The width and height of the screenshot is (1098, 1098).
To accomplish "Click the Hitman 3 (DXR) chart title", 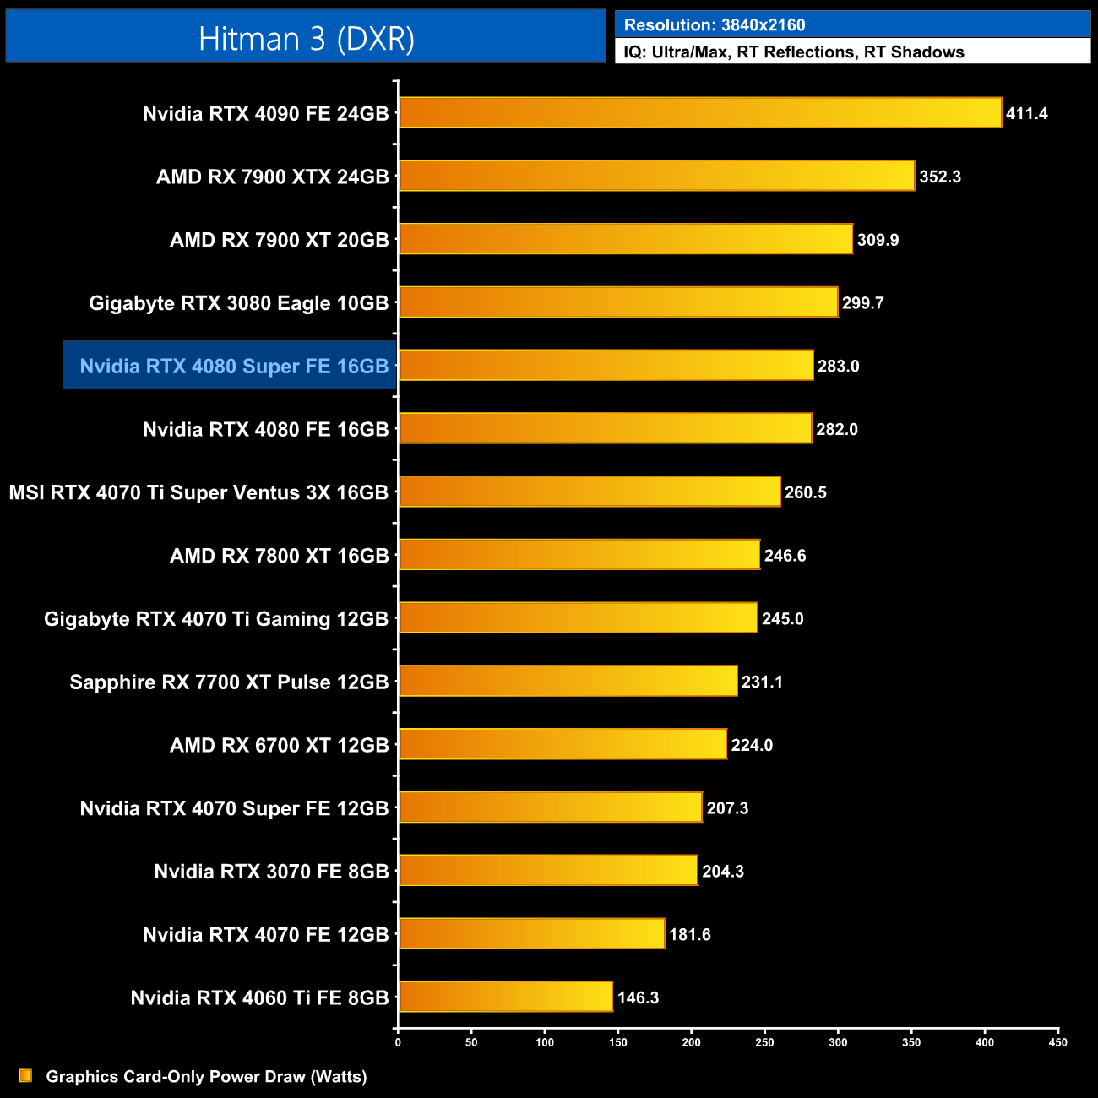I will (306, 38).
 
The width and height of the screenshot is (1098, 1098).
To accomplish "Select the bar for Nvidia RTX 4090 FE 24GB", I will (699, 113).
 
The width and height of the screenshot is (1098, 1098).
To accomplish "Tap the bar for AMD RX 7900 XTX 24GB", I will (656, 176).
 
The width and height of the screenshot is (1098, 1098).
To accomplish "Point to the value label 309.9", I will (878, 240).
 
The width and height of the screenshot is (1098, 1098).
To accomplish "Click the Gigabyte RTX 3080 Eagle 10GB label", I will (239, 303).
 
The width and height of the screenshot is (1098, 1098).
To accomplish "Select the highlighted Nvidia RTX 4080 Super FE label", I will (234, 366).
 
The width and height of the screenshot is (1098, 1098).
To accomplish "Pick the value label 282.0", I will (837, 429).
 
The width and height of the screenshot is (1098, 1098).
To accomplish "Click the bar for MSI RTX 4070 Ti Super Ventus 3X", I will (589, 492).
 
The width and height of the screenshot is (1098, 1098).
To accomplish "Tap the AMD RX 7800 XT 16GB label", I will (279, 556).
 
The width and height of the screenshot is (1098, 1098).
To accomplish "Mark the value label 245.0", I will (782, 618).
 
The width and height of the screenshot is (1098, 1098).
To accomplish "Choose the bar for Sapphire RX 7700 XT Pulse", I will (568, 681).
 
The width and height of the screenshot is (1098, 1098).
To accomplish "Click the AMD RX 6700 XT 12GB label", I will (279, 745).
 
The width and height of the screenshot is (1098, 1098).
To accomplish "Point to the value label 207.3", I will (727, 808).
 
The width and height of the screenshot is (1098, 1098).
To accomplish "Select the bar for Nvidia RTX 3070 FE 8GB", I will (548, 871).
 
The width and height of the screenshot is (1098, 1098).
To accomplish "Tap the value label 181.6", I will (689, 934).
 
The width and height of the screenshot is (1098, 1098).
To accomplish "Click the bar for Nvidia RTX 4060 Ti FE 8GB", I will (505, 997).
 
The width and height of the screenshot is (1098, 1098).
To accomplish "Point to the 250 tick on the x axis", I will (764, 1042).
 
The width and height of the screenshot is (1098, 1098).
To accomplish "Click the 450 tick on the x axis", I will (1057, 1042).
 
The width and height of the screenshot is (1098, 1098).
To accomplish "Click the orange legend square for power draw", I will (25, 1076).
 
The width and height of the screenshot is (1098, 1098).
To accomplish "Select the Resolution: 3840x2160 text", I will (715, 25).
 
